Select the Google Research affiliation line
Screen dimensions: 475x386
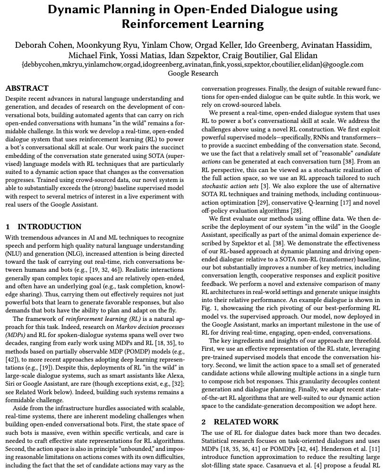[x=193, y=73]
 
